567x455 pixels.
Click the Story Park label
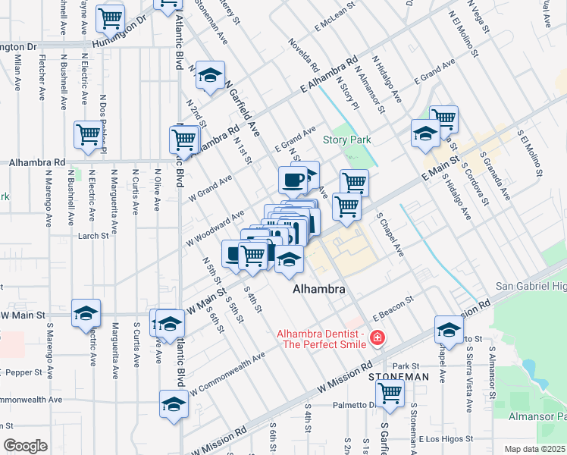[346, 140]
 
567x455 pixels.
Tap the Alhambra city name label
[320, 290]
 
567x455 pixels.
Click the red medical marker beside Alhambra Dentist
[377, 339]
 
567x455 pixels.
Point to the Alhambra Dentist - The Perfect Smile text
[321, 339]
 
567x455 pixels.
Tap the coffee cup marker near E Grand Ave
[293, 180]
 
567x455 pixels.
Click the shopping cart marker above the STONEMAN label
[390, 393]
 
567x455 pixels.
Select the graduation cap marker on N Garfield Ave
[210, 74]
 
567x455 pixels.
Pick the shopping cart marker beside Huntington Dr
[111, 17]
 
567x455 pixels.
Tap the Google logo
[25, 446]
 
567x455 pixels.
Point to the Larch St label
[94, 236]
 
